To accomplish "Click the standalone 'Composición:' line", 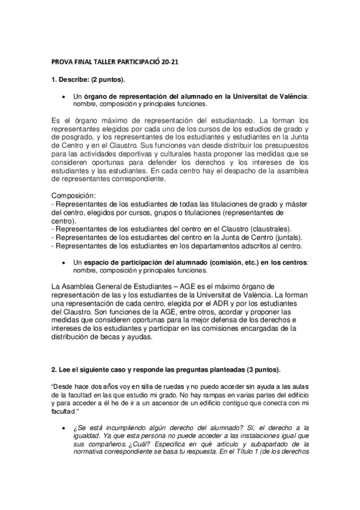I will tap(73, 196).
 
